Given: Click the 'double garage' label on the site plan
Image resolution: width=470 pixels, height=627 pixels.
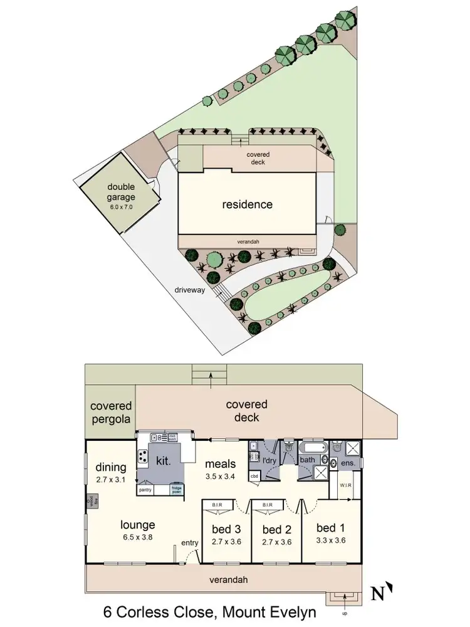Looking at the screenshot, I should click(x=121, y=191).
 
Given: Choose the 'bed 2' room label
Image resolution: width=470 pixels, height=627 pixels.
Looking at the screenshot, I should click(x=276, y=529).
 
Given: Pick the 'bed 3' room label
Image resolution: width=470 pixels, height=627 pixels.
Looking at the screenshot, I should click(x=226, y=529).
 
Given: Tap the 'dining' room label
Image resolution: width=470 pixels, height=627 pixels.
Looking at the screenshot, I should click(x=111, y=467).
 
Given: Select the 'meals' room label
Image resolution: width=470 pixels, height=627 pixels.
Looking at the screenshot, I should click(x=221, y=464).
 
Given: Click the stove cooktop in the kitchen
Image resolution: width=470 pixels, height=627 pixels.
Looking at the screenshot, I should click(x=142, y=457).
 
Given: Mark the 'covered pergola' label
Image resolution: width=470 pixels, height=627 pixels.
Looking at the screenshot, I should click(x=110, y=413).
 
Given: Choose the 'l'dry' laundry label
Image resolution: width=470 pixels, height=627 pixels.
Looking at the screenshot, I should click(x=269, y=461).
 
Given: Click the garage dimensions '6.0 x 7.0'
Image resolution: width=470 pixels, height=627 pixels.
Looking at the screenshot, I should click(x=121, y=206).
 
